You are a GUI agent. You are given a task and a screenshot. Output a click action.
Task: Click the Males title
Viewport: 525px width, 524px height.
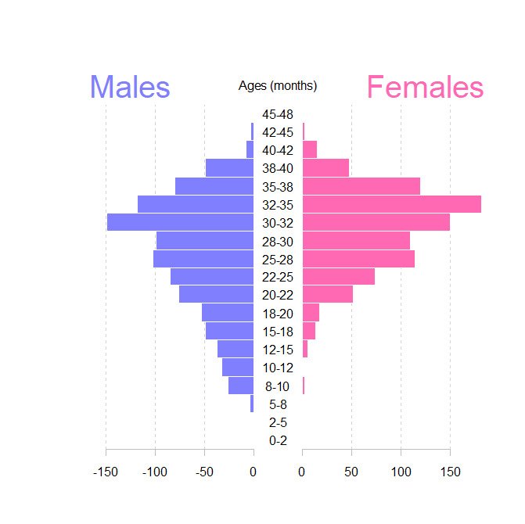[130, 87]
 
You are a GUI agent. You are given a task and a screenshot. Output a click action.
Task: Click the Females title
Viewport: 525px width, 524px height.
[425, 87]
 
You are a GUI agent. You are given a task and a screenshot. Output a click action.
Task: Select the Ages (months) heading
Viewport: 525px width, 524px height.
[278, 86]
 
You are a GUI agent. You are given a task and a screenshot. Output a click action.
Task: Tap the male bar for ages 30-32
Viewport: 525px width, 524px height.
[180, 222]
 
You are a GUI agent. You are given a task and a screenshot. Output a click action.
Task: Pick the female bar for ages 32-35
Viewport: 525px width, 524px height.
[391, 204]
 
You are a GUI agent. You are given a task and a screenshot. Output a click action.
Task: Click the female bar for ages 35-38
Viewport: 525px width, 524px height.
[361, 186]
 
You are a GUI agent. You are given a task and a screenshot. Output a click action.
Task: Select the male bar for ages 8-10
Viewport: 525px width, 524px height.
[241, 386]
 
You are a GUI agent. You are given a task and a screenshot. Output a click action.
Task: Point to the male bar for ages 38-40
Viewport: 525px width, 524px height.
[229, 167]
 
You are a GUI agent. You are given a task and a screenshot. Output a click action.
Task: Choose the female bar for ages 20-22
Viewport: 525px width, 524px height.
[327, 294]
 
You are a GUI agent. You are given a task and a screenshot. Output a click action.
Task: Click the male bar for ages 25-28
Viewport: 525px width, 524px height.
[203, 258]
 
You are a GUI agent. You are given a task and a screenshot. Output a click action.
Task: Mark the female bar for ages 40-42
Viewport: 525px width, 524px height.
[309, 149]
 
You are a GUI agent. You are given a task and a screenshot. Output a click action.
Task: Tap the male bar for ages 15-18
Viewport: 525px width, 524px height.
[229, 331]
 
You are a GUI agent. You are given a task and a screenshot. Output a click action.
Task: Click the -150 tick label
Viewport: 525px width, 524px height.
[106, 472]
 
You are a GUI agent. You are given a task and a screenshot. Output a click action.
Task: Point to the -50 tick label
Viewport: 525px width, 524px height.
[204, 472]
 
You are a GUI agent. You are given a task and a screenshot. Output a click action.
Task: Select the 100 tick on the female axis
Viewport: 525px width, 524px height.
[401, 472]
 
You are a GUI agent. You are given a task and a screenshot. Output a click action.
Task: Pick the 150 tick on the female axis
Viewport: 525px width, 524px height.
[450, 472]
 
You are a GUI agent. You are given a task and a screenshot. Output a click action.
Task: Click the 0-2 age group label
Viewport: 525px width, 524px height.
[278, 441]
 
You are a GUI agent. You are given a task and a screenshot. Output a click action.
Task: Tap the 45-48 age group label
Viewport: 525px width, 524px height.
[278, 115]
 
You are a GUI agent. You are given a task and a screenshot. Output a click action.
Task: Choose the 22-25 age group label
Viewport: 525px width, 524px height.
[278, 278]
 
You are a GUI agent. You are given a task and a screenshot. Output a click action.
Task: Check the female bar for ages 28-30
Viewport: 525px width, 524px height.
[356, 240]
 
